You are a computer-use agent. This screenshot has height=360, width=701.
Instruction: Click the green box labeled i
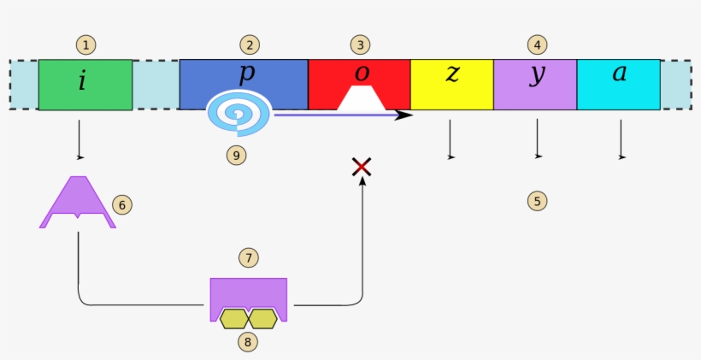[x=85, y=85]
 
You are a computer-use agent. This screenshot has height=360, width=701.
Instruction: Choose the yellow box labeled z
[x=451, y=85]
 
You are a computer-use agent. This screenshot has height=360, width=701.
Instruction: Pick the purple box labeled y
[x=535, y=85]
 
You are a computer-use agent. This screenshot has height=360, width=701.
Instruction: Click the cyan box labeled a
[x=618, y=85]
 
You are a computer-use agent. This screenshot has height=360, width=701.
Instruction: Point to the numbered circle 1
[x=85, y=44]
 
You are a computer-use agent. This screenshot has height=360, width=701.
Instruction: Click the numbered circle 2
[x=249, y=44]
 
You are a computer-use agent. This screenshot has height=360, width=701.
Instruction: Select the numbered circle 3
[x=360, y=44]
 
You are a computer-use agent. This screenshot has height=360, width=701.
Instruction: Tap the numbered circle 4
[x=537, y=44]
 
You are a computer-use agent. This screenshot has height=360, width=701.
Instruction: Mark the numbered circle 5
[x=537, y=202]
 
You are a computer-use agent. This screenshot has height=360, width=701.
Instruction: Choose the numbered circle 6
[x=122, y=204]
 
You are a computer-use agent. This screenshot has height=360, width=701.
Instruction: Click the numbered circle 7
[x=249, y=257]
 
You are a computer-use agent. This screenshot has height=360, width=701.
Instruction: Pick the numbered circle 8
[x=249, y=342]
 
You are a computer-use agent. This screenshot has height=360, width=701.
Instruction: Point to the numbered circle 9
[x=239, y=156]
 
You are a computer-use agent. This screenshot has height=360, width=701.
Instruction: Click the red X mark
[x=362, y=167]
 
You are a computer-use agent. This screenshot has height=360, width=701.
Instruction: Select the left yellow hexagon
[x=233, y=319]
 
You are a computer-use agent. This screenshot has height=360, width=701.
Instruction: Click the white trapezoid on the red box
[x=362, y=99]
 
